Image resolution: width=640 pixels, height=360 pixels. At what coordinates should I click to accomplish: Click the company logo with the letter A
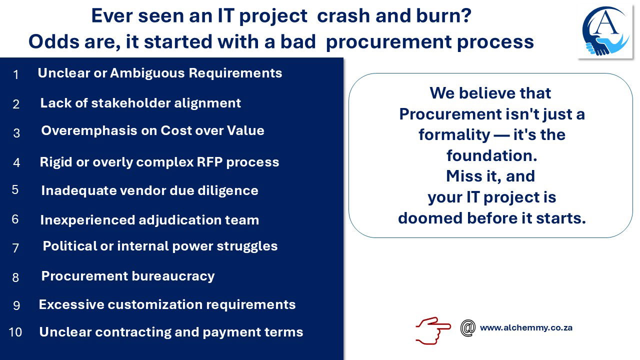[605, 31]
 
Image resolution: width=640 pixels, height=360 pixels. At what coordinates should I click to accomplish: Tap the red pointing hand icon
[433, 330]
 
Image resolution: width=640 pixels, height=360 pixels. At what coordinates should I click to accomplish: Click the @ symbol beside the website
[468, 328]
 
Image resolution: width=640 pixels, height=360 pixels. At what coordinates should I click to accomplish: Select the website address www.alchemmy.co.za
[526, 327]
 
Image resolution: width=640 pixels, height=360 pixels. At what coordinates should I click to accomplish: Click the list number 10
[15, 332]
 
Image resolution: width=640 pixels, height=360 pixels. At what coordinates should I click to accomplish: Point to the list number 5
[15, 189]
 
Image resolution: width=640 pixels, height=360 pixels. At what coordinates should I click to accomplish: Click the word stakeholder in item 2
[131, 103]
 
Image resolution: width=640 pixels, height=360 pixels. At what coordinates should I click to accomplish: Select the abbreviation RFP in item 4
[209, 161]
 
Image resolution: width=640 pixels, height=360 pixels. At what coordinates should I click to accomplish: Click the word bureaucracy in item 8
[173, 276]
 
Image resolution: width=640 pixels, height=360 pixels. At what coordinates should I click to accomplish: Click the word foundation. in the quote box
[491, 155]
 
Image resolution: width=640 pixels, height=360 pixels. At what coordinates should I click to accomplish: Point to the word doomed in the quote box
[430, 218]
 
